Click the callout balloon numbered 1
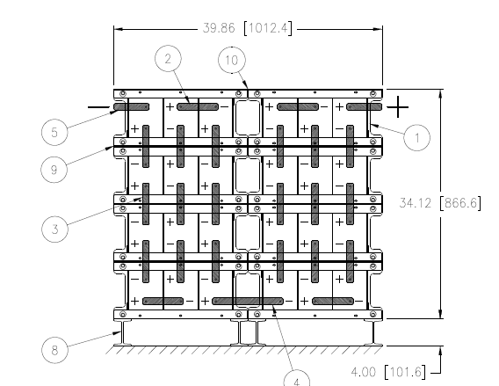417,137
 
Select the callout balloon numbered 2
168,59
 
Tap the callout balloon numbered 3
54,229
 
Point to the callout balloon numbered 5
54,132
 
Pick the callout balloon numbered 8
54,350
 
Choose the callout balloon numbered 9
54,170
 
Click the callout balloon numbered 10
232,60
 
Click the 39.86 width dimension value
219,28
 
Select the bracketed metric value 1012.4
268,28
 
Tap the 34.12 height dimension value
415,203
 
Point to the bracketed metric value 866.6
460,203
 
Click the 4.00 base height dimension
363,372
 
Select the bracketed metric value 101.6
405,372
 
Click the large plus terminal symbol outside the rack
397,107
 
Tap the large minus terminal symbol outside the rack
98,107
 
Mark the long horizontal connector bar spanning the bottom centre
248,301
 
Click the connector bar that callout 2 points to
198,106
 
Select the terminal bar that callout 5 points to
132,106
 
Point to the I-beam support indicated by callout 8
122,333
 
